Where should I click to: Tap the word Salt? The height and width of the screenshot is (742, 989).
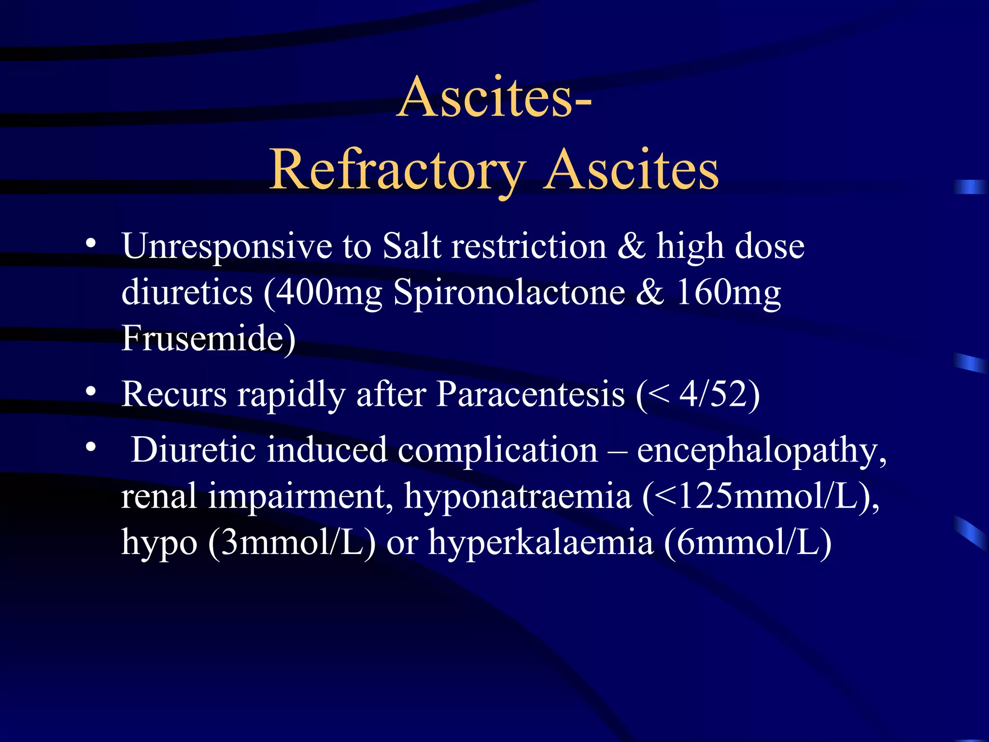411,246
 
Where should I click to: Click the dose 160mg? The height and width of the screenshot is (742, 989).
728,293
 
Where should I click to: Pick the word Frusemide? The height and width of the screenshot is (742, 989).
203,338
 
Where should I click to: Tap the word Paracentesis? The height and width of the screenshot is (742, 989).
530,394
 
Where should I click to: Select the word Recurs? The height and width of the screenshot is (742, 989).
174,394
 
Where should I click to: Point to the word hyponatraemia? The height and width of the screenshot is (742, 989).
518,496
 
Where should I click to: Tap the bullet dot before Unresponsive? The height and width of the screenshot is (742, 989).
90,243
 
